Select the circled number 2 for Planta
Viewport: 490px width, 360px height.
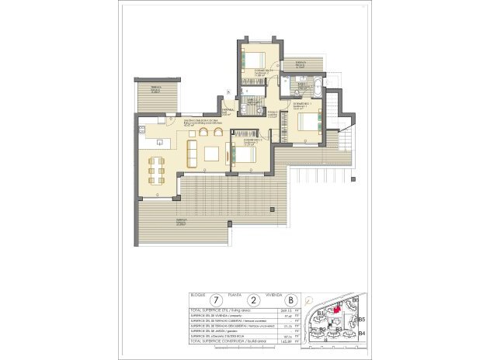click(x=254, y=299)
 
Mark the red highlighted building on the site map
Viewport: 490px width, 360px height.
click(x=337, y=308)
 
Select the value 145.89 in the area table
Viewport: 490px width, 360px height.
click(x=270, y=341)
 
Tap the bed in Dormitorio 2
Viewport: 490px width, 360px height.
click(x=243, y=154)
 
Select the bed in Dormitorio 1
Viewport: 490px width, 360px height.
click(x=306, y=121)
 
